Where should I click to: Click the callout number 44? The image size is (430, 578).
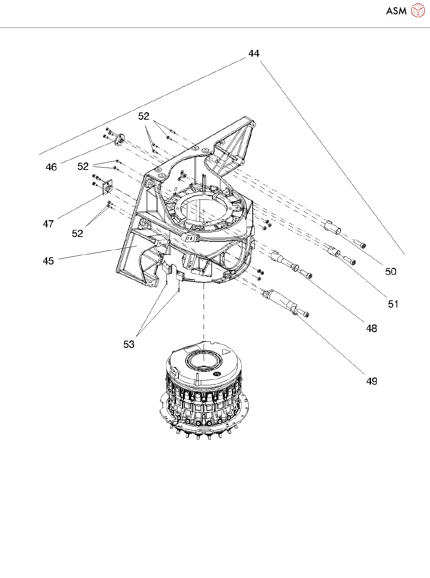254,53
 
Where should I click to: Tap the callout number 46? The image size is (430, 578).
51,167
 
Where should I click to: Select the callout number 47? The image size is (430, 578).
48,224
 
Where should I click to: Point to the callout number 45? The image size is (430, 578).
48,261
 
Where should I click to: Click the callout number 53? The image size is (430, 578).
129,344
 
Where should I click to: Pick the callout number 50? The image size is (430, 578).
391,272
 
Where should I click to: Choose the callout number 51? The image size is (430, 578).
393,304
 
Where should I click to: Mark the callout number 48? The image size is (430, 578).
372,329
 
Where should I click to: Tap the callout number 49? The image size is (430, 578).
372,381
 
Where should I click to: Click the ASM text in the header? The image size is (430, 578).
396,11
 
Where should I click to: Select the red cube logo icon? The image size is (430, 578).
418,11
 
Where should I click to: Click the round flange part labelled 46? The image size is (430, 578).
119,141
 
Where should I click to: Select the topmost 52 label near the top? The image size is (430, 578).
144,116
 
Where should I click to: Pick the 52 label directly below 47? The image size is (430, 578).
77,234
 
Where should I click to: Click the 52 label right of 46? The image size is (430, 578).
83,166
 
